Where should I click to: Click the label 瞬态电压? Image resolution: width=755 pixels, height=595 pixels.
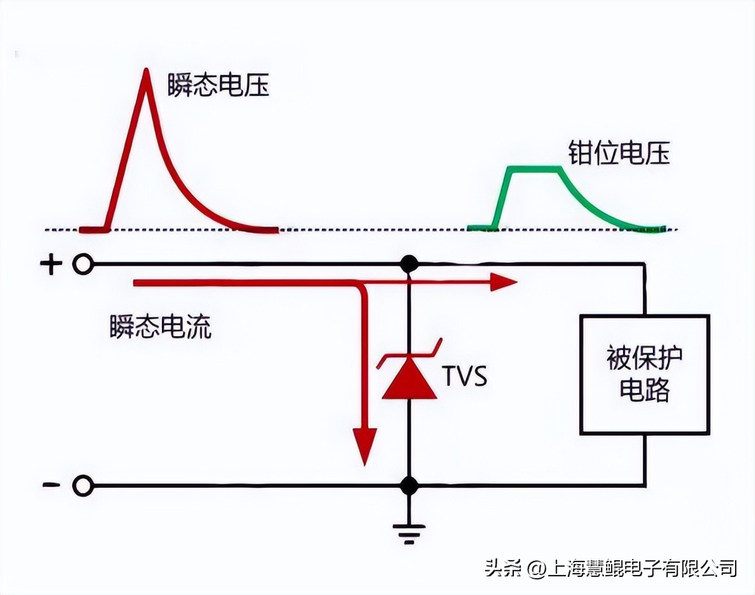pos(218,86)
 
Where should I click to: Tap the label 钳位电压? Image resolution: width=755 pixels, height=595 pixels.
pos(619,153)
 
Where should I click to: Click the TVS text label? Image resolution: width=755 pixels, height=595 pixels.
pos(464,377)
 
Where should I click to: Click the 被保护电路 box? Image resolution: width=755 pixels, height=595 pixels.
pos(644,374)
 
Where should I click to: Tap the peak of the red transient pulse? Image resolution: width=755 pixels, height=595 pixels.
pos(146,70)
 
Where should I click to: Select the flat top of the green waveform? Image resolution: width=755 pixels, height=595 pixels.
pos(535,168)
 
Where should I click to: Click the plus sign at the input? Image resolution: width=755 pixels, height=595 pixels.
pos(51,265)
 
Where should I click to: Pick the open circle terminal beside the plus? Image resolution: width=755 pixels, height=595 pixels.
pos(82,265)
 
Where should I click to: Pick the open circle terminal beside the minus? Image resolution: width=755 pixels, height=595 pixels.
pos(82,485)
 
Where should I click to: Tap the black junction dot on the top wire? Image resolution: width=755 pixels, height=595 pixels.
pos(409,264)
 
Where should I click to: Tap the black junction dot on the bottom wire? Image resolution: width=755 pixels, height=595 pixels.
pos(409,485)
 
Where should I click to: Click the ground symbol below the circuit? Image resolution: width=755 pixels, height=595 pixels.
pos(409,532)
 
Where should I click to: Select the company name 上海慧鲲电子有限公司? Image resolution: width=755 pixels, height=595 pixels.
pos(642,568)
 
